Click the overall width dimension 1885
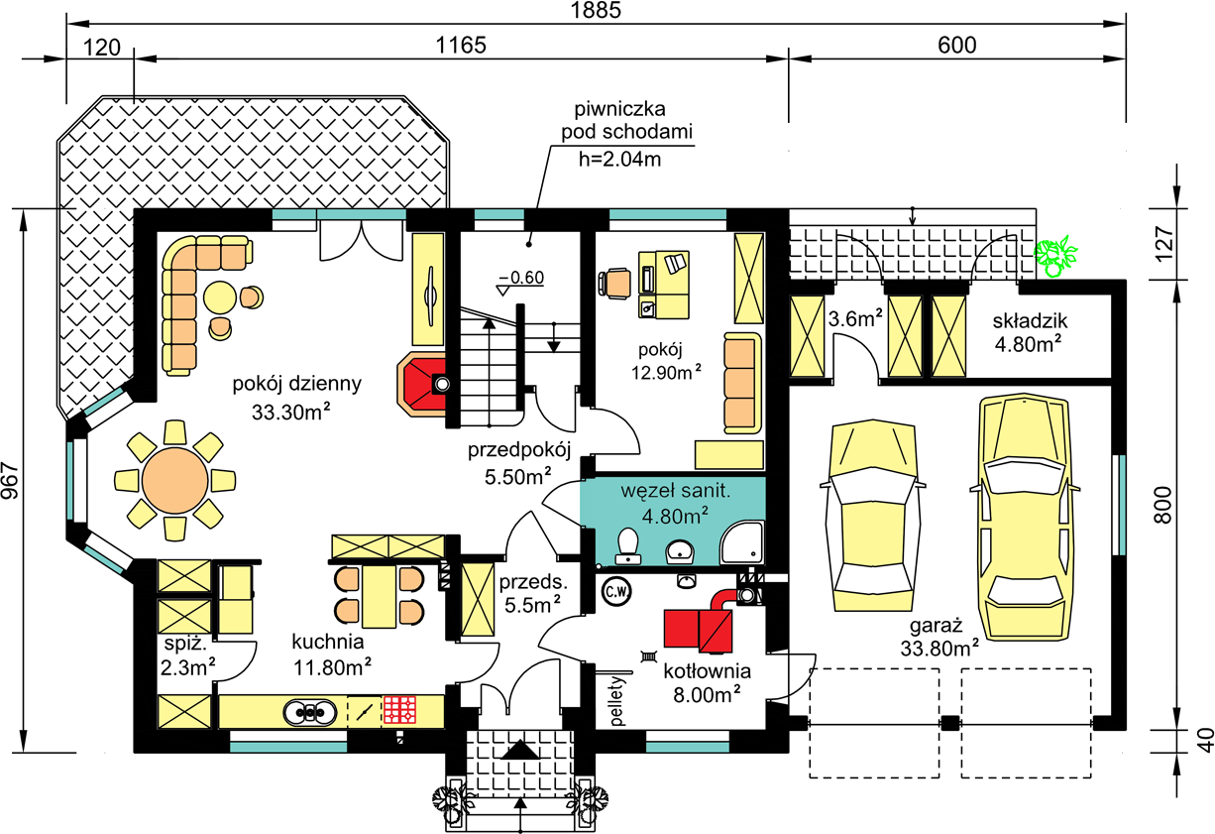click(595, 10)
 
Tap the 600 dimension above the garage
click(956, 45)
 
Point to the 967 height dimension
click(10, 481)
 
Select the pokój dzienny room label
click(296, 385)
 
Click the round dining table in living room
click(174, 481)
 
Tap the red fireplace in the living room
click(423, 385)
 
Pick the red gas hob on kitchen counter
click(400, 710)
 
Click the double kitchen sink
click(309, 711)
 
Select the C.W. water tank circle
click(616, 591)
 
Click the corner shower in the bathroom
click(742, 542)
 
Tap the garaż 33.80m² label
click(939, 637)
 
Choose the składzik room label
click(1030, 321)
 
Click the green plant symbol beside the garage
click(1055, 256)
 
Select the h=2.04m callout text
click(619, 159)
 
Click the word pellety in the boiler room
click(617, 701)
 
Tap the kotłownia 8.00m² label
click(708, 682)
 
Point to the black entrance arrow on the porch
click(520, 750)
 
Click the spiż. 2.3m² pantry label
click(187, 656)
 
